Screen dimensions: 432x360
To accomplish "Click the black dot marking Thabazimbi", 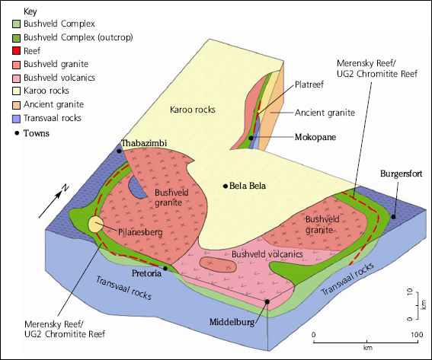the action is click(x=119, y=151).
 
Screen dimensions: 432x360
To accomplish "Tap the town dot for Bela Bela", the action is click(x=226, y=186).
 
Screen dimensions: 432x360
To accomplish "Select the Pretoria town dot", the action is click(x=165, y=269).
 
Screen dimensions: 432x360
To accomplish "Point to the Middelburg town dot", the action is click(x=267, y=301).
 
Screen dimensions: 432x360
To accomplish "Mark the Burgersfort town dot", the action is click(x=394, y=217).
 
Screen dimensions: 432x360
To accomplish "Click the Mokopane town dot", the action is click(x=251, y=138).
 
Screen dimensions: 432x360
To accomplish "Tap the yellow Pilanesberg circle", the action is click(x=95, y=224).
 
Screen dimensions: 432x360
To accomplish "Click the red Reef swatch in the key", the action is click(x=16, y=51).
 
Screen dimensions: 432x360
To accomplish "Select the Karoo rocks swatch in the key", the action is click(x=16, y=91).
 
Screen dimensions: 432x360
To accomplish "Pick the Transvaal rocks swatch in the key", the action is click(x=16, y=119).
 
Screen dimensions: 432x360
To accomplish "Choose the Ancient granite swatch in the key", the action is click(x=16, y=105).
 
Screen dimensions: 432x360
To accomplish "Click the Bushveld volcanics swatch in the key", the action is click(x=16, y=78).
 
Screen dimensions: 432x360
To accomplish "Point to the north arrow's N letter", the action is click(x=65, y=188).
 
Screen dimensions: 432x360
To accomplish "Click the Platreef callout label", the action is click(x=309, y=84).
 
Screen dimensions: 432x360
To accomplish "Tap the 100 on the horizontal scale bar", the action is click(x=417, y=335).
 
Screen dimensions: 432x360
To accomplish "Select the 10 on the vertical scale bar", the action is click(x=410, y=292).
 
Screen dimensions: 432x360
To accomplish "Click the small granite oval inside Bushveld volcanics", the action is click(x=218, y=265).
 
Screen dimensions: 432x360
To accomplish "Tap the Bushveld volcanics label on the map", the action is click(x=267, y=254).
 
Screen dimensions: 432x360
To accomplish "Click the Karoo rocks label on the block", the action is click(x=193, y=110).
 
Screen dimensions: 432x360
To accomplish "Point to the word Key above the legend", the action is click(x=30, y=11).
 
